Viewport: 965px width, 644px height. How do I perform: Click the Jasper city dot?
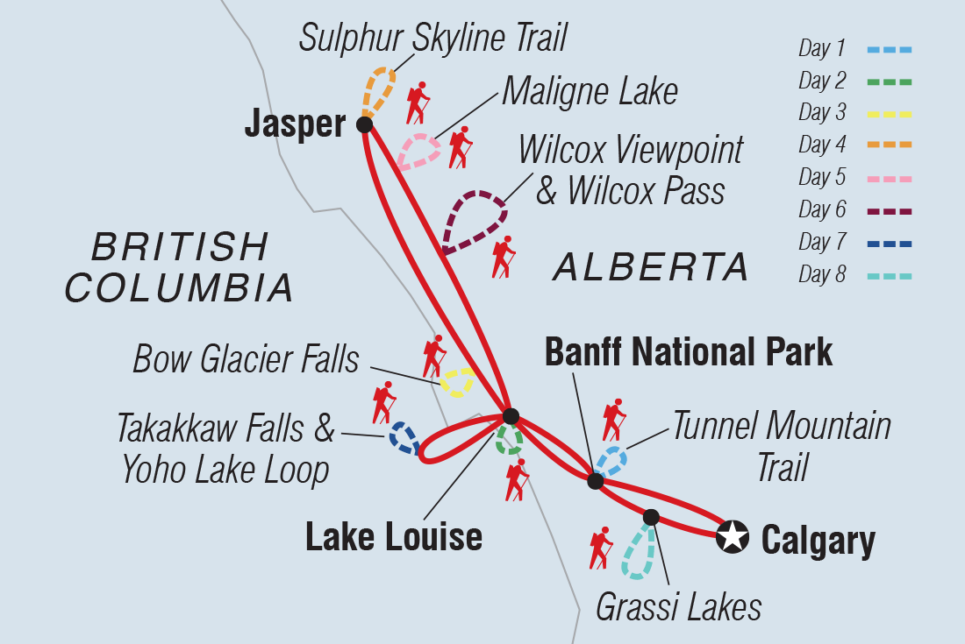pos(365,124)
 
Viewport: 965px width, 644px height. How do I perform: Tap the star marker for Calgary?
pos(733,536)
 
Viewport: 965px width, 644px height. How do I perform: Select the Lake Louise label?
pos(393,536)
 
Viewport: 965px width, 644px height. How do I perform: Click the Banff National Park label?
pos(688,351)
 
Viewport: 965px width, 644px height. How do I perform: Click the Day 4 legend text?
pos(821,145)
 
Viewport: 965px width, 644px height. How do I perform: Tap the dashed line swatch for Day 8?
pos(890,275)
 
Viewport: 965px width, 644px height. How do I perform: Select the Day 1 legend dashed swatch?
pos(890,49)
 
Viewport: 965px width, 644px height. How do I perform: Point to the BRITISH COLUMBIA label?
pos(180,266)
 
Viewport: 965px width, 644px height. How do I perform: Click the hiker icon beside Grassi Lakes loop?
pos(601,548)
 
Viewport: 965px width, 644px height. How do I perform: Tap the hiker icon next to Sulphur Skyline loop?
pos(418,103)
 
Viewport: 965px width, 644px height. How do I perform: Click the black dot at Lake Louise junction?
pos(511,415)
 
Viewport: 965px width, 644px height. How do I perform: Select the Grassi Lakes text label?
pos(678,607)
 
